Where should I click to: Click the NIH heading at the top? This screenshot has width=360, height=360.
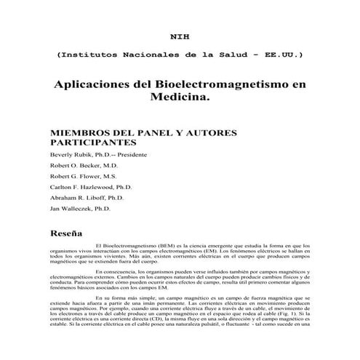179,34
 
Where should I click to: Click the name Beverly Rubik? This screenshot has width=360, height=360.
70,155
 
